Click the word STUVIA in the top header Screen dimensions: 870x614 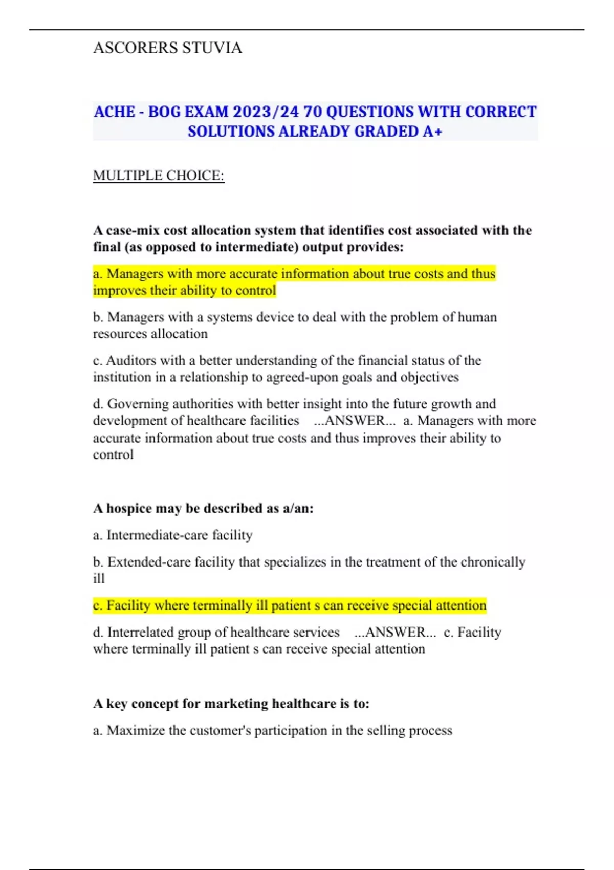(212, 48)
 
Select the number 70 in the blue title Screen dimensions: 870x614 (312, 112)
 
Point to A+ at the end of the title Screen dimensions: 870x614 (432, 132)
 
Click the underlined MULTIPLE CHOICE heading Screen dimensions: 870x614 (159, 176)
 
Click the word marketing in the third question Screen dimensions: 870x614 (236, 704)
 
